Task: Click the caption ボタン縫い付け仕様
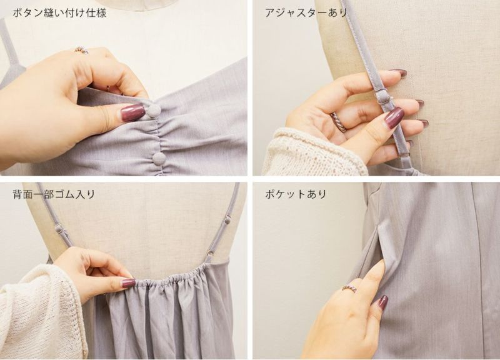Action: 59,13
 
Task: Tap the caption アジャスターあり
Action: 306,13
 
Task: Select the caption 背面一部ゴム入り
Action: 54,194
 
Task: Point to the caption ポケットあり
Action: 296,194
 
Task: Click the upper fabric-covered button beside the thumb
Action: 153,110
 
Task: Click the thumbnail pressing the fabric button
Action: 132,112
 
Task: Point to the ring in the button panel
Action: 81,50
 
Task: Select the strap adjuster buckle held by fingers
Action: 383,97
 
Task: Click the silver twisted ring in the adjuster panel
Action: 339,122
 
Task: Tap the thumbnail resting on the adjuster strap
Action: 394,117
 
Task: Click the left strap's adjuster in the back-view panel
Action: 60,229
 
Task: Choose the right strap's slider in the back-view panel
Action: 227,219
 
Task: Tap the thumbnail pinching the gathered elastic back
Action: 128,282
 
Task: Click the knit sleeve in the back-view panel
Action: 43,311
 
